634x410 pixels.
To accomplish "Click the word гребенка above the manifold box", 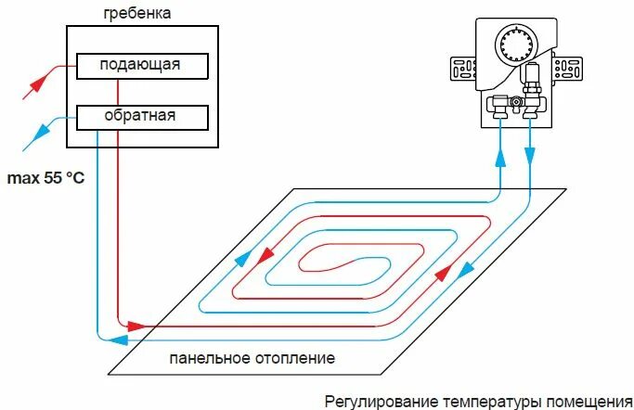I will pyautogui.click(x=138, y=14).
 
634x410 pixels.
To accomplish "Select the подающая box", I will pyautogui.click(x=142, y=66).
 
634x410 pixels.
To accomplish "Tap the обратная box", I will pyautogui.click(x=142, y=117).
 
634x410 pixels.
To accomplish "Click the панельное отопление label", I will pyautogui.click(x=252, y=358).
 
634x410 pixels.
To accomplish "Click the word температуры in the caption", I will pyautogui.click(x=487, y=401).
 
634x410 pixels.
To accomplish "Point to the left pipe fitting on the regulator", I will pyautogui.click(x=498, y=106).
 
